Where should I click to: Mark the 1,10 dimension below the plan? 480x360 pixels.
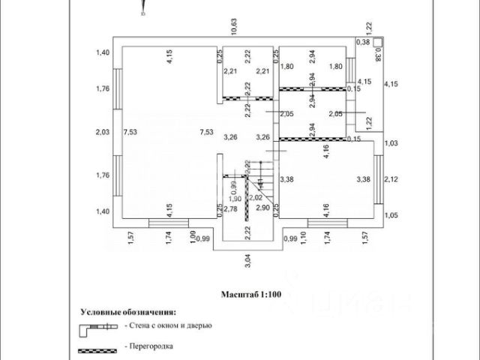pos(302,237)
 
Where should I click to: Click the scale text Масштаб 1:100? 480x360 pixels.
pos(250,295)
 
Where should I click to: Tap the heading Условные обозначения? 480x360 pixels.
pos(129,309)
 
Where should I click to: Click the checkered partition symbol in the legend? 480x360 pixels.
pos(97,349)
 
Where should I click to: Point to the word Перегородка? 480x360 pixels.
pos(150,347)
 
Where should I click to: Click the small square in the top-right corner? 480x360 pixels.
pos(378,43)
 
